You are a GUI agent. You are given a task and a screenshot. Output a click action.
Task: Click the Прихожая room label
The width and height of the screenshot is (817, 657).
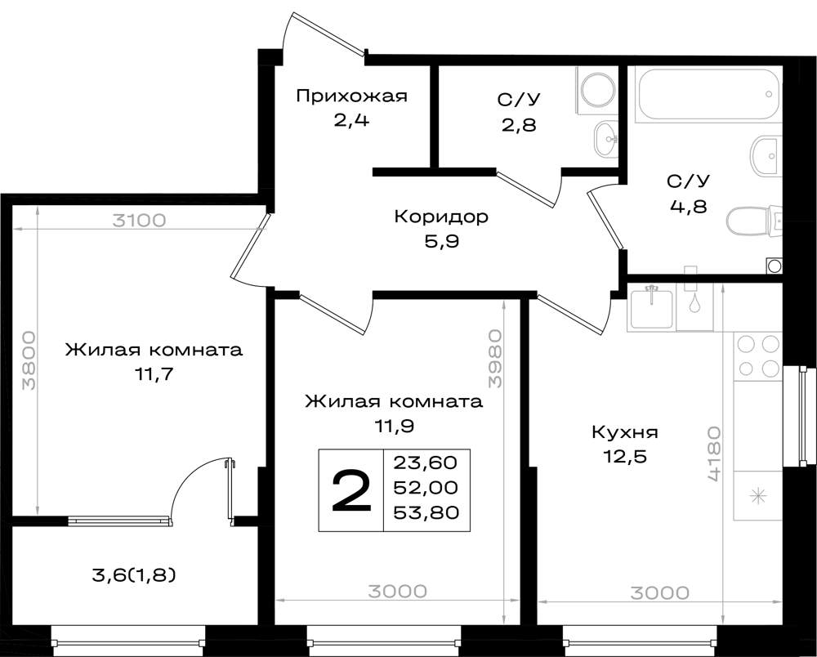click(x=351, y=96)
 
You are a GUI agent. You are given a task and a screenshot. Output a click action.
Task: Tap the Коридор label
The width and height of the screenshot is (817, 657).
click(x=441, y=217)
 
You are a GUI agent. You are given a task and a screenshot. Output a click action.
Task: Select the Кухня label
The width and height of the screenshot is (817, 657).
click(x=625, y=432)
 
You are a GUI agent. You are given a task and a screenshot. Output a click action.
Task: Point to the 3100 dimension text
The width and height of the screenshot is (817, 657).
click(x=139, y=221)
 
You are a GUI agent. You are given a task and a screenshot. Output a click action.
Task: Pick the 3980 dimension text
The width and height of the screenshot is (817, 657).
click(x=495, y=359)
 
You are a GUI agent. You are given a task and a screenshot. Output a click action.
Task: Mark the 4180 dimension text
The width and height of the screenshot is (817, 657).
click(x=714, y=454)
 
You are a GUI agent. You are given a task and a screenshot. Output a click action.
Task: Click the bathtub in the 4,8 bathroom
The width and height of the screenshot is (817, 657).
click(x=708, y=94)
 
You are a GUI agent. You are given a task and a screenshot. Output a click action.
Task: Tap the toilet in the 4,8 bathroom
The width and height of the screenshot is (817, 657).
click(x=754, y=221)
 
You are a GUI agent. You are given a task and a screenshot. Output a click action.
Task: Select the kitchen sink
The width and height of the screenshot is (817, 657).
click(x=651, y=307)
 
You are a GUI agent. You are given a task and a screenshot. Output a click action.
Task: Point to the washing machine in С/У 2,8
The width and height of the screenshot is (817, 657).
click(x=596, y=90)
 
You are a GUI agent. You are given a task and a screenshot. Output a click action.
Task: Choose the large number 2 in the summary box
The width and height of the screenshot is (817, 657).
click(x=351, y=490)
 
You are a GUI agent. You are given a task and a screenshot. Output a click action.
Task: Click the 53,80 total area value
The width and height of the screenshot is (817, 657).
click(x=426, y=512)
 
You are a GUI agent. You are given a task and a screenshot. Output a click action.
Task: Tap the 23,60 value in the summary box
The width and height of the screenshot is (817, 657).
click(x=425, y=463)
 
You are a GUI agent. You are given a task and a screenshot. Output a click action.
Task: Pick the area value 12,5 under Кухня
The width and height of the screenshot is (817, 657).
click(x=625, y=457)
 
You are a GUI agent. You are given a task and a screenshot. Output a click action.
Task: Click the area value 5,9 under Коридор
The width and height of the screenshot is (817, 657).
click(x=441, y=242)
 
